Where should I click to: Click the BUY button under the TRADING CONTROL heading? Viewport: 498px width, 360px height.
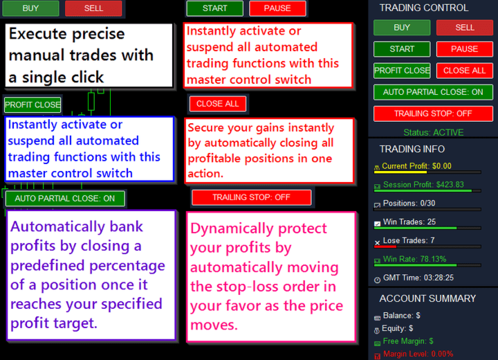click(402, 28)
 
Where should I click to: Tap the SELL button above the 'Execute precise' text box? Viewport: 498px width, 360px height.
click(93, 8)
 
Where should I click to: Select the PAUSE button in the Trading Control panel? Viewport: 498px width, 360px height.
click(465, 49)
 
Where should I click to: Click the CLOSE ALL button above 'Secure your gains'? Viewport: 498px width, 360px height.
click(218, 104)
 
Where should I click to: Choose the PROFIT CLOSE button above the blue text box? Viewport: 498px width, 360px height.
click(33, 105)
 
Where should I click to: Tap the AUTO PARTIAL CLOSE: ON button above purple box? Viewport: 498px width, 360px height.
click(65, 199)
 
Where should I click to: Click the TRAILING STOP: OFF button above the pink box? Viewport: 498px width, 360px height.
click(251, 197)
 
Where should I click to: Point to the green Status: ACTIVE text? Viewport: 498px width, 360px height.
click(434, 132)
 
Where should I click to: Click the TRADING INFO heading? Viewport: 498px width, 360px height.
click(412, 149)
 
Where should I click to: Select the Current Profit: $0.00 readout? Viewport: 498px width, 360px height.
click(416, 166)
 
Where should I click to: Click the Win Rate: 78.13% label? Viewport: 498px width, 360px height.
click(414, 259)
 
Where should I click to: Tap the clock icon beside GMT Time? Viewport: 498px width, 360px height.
click(378, 280)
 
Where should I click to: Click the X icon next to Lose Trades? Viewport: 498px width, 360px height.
click(378, 242)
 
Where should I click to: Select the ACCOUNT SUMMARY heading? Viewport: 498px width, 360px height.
click(427, 298)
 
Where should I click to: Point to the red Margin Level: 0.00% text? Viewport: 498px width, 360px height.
click(418, 354)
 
